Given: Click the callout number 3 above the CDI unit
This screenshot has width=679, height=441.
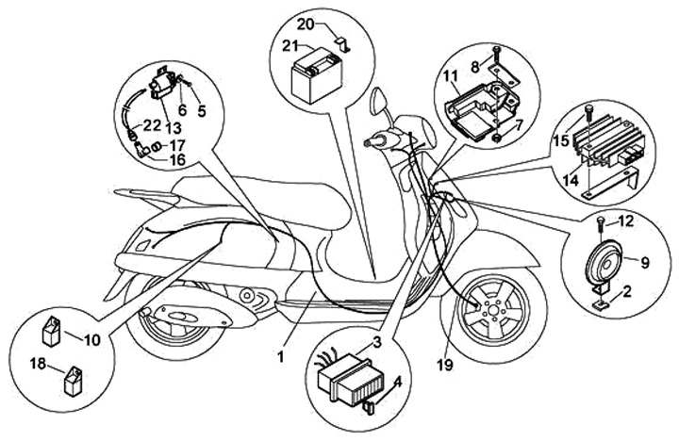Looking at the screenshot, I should click(x=375, y=341).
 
